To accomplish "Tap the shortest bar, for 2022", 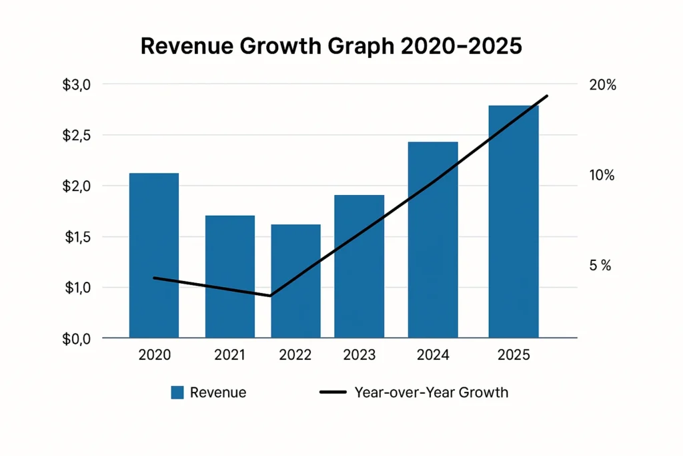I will coord(295,280).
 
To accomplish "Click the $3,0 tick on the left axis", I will coord(76,85).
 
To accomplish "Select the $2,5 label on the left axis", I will coord(76,136).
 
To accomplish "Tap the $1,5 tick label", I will coord(76,237).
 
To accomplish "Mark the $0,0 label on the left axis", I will coord(76,339).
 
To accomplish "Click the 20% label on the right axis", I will coord(603,85).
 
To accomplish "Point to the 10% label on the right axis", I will coord(602,176).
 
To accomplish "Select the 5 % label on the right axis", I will coord(600,266).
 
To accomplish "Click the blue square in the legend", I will coord(177,393).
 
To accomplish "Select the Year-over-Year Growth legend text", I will coord(431,393).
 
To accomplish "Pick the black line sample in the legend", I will coord(334,393).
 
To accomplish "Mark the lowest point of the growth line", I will coord(270,295).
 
